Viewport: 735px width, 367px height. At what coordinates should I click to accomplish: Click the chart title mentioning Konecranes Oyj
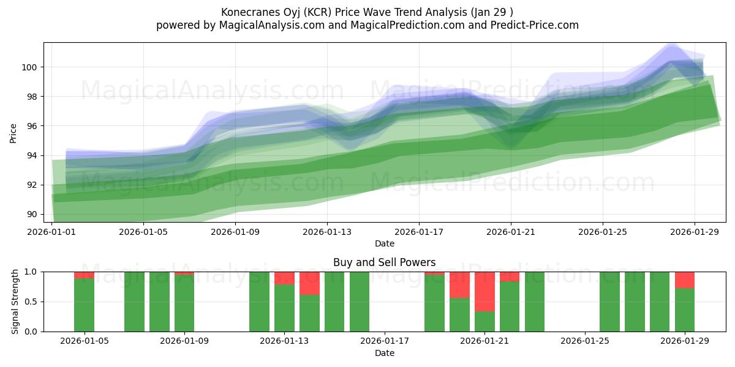pyautogui.click(x=367, y=12)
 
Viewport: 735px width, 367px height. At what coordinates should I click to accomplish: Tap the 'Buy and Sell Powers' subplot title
pyautogui.click(x=384, y=262)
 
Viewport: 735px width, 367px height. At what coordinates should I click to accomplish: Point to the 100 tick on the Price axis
pyautogui.click(x=31, y=67)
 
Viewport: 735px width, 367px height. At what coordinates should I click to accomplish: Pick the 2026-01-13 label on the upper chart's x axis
pyautogui.click(x=326, y=232)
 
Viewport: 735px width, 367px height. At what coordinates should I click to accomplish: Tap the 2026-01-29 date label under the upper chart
pyautogui.click(x=695, y=232)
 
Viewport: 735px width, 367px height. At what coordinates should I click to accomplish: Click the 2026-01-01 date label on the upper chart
pyautogui.click(x=51, y=232)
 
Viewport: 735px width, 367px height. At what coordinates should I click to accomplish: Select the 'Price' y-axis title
pyautogui.click(x=13, y=133)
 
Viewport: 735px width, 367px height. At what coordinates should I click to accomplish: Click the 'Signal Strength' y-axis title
pyautogui.click(x=15, y=302)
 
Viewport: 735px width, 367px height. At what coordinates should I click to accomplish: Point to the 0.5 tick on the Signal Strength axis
pyautogui.click(x=31, y=302)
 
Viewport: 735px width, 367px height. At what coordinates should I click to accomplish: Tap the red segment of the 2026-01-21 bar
pyautogui.click(x=484, y=291)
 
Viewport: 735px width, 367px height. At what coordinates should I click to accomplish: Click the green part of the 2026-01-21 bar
pyautogui.click(x=484, y=322)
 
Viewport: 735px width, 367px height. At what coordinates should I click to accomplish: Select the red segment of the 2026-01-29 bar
pyautogui.click(x=685, y=280)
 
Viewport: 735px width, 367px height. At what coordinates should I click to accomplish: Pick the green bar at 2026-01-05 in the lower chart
pyautogui.click(x=84, y=305)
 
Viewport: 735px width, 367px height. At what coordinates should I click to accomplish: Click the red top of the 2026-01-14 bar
pyautogui.click(x=309, y=283)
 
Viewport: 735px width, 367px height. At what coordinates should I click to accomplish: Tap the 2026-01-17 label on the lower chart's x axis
pyautogui.click(x=384, y=341)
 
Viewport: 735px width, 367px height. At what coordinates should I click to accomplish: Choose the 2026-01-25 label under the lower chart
pyautogui.click(x=585, y=341)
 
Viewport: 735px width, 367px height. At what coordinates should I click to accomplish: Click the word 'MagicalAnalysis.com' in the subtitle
pyautogui.click(x=267, y=25)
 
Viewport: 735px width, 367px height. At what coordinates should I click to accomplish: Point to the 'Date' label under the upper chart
pyautogui.click(x=384, y=243)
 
